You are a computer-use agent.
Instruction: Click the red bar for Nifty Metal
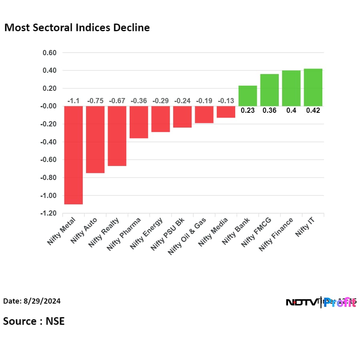73,155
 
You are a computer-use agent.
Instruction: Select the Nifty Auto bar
95,139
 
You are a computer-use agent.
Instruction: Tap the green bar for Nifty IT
313,87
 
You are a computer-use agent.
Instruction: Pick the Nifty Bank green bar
248,96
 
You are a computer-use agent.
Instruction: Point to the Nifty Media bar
226,112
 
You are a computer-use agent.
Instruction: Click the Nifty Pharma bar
139,122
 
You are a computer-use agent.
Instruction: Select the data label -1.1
73,101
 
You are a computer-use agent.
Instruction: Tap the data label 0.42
313,111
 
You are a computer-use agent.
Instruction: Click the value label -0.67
117,101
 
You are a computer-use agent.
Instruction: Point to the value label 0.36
270,111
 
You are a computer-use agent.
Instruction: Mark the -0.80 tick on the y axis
48,178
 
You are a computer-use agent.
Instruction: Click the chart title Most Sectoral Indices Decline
77,28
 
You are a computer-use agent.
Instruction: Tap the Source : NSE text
34,321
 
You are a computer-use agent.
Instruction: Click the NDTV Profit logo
321,302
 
